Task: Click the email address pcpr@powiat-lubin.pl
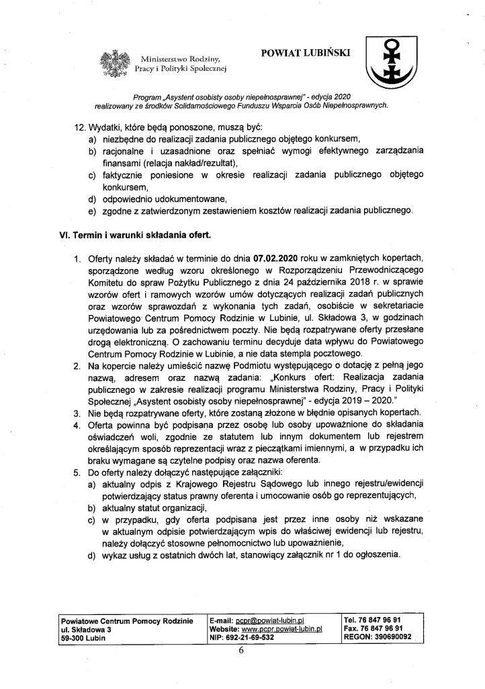point(271,620)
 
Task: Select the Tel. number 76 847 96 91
point(392,620)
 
